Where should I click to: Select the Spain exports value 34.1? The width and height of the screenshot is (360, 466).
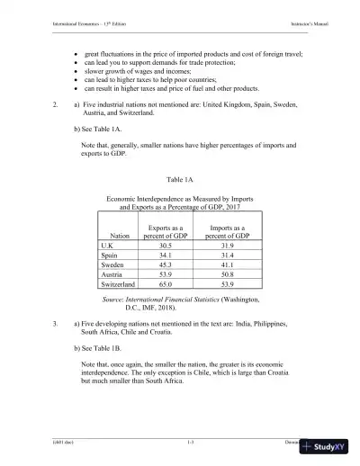[166, 255]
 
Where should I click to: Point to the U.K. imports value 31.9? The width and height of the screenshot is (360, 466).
[228, 245]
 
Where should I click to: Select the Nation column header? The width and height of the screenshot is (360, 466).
[120, 235]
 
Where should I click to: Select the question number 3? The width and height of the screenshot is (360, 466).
[56, 321]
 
